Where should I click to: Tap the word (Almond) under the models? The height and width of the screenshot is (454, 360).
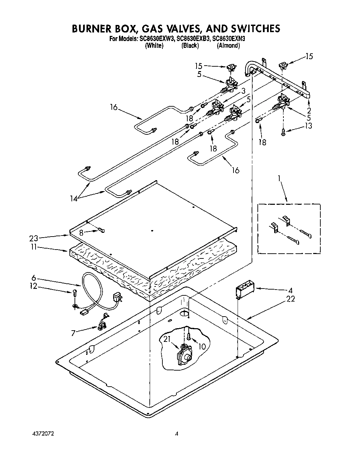point(228,46)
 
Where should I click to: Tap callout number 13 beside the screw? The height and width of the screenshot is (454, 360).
point(308,126)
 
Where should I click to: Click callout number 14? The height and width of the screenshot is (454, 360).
point(73,198)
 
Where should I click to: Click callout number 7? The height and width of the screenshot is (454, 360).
point(73,332)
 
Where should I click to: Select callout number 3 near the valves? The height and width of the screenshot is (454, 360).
point(243,91)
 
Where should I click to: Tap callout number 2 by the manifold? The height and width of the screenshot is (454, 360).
point(309,110)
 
